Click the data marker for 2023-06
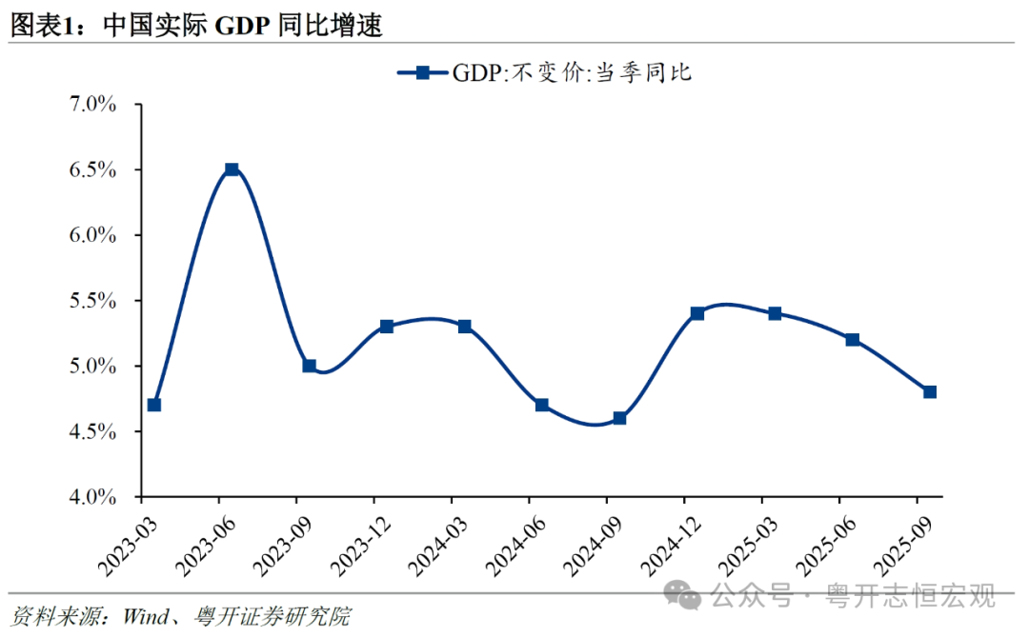tap(231, 169)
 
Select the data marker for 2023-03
tap(154, 405)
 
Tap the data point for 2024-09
tap(619, 418)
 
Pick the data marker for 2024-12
tap(696, 313)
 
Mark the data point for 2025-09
tap(930, 391)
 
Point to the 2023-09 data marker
tap(309, 366)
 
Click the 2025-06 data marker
tap(853, 340)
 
